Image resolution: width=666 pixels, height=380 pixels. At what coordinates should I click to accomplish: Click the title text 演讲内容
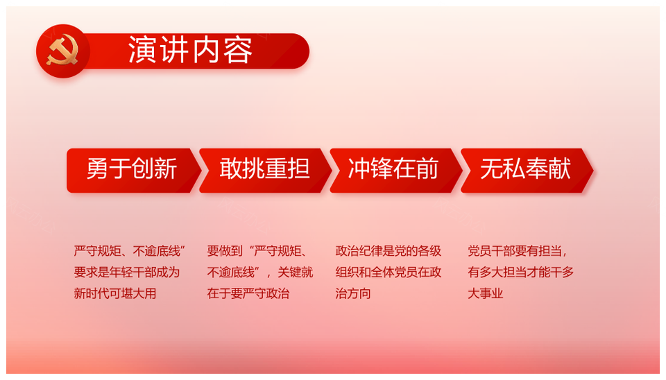point(191,50)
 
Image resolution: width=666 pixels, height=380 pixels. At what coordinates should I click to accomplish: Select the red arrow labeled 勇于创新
point(134,171)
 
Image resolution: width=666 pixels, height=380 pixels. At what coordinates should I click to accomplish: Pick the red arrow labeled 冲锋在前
point(396,171)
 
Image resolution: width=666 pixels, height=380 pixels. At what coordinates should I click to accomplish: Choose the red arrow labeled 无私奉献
point(527,171)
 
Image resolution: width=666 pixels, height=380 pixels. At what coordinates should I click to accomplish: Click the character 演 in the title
point(143,50)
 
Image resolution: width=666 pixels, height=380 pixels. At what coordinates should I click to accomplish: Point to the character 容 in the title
point(238,50)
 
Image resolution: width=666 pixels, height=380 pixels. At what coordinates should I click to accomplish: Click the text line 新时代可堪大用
point(115,293)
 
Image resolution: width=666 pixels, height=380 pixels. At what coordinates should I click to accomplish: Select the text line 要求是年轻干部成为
point(127,272)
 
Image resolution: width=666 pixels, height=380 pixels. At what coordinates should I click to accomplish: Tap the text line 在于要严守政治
point(248,293)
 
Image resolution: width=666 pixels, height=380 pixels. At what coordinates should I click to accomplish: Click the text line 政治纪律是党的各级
point(388,251)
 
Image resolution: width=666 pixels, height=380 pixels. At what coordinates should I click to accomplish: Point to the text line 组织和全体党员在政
point(388,272)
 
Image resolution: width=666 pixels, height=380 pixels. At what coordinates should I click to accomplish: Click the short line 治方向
point(353,293)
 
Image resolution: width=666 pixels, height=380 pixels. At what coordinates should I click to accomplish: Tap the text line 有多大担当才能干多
point(521,272)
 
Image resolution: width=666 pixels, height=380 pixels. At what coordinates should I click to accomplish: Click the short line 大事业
point(486,293)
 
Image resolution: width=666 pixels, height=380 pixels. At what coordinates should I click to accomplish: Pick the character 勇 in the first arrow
point(98,169)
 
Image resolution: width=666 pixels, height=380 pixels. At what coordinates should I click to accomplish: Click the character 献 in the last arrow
point(559,169)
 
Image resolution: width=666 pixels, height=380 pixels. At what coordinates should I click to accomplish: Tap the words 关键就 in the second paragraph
point(296,272)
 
